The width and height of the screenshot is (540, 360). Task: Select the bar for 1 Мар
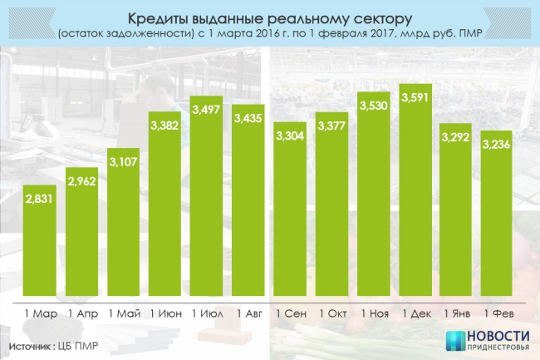click(x=41, y=241)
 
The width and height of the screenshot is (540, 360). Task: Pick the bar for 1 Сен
click(x=290, y=216)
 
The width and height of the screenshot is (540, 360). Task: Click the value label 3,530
click(x=374, y=106)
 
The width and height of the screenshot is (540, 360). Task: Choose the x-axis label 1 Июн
click(x=165, y=313)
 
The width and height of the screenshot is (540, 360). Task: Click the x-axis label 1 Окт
click(x=331, y=313)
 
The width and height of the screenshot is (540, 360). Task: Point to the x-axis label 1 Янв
click(x=456, y=313)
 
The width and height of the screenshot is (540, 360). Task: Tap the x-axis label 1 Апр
click(x=82, y=313)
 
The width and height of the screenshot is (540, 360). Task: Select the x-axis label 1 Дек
click(x=415, y=313)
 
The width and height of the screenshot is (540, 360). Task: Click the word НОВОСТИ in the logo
click(x=497, y=337)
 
